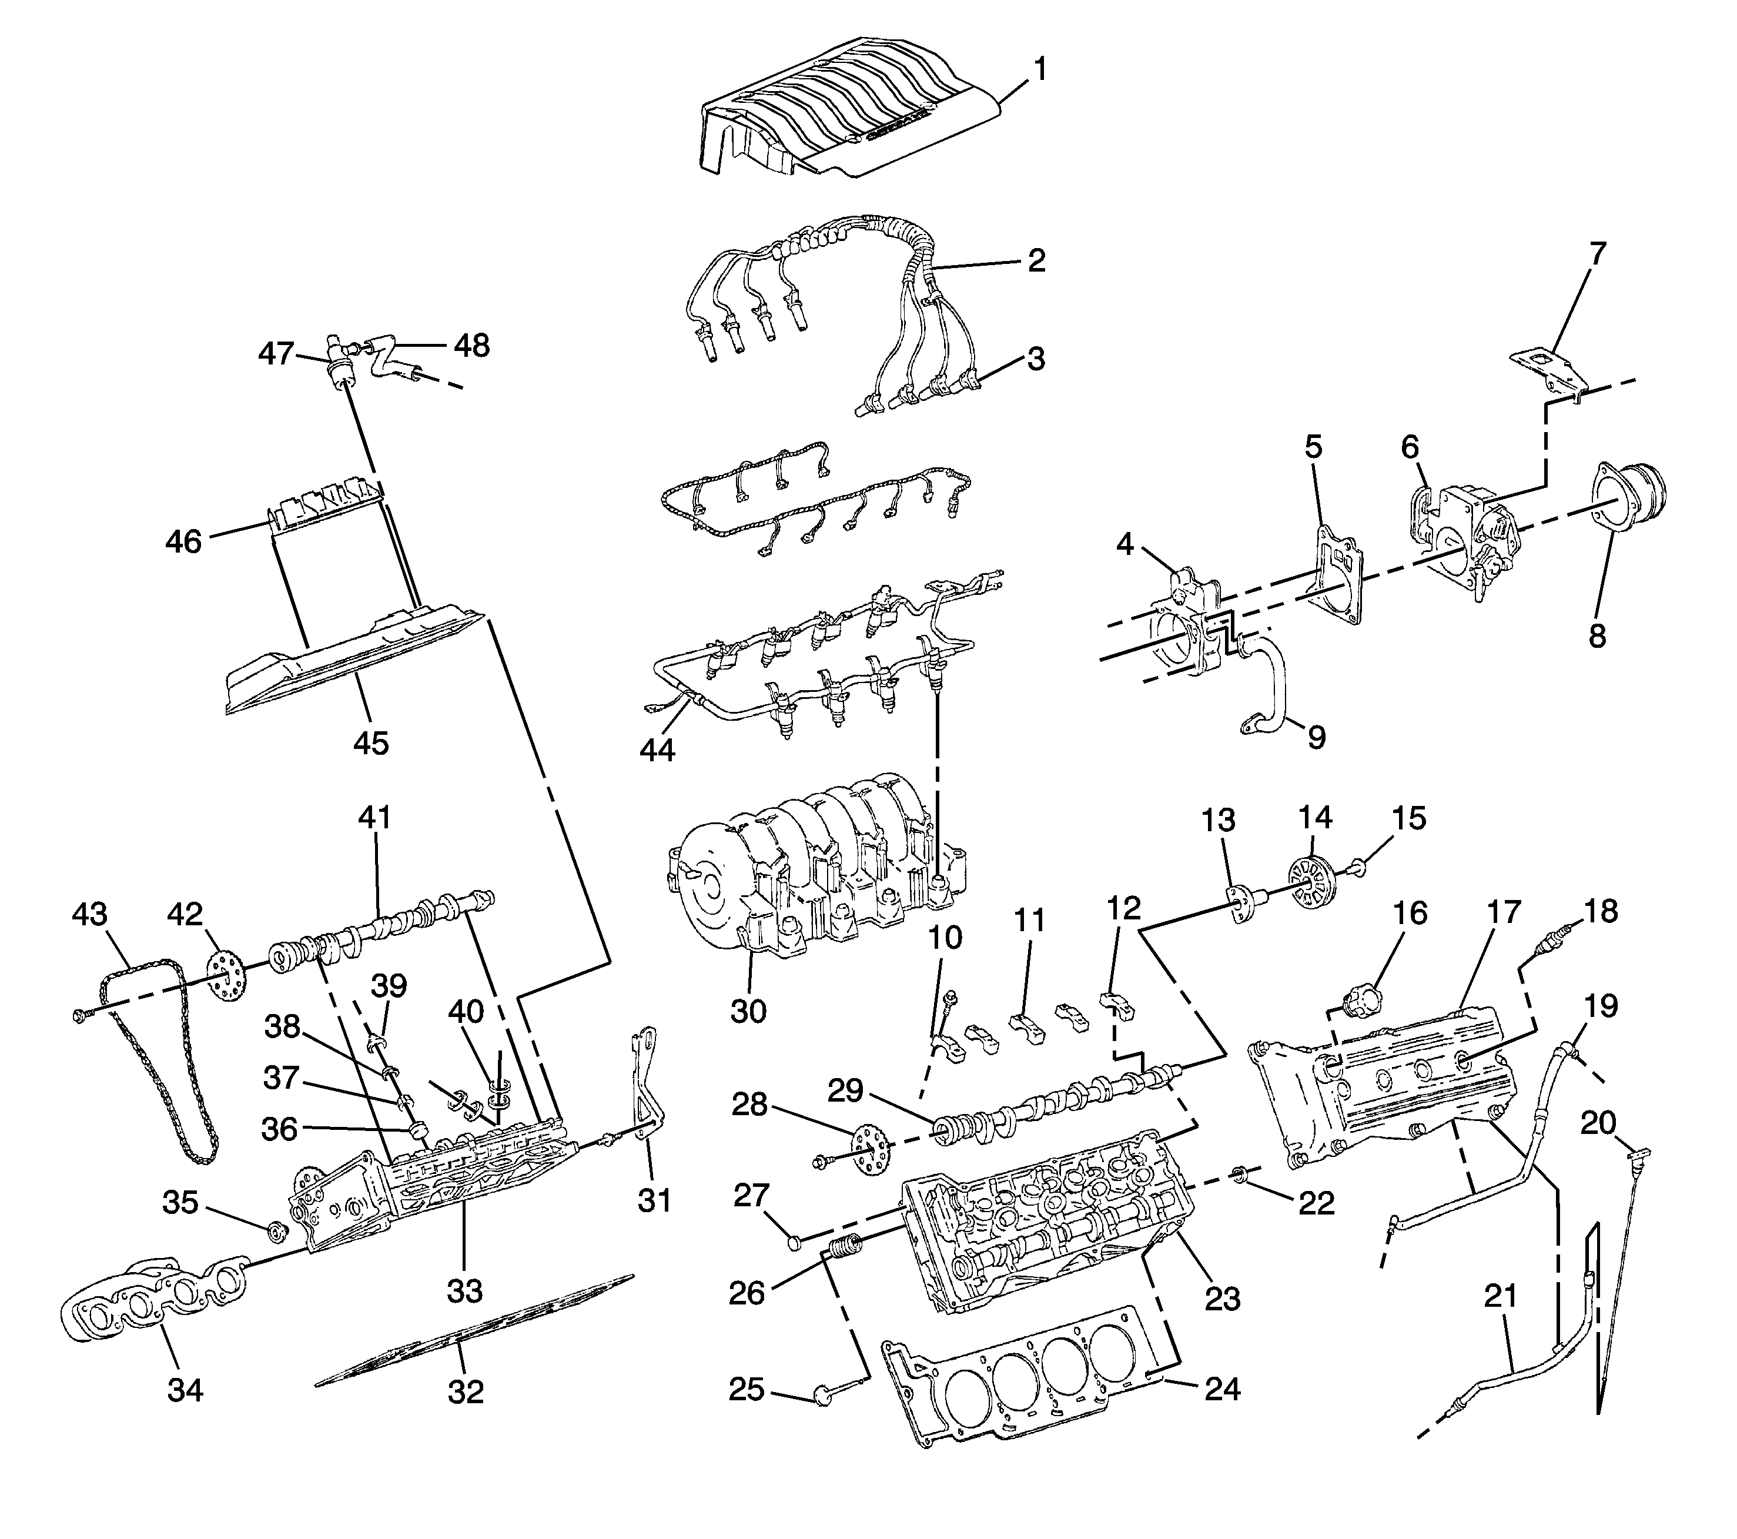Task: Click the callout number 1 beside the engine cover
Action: click(x=1039, y=69)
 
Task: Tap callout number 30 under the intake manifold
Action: click(x=748, y=1011)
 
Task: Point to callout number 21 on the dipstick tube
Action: click(x=1500, y=1297)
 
